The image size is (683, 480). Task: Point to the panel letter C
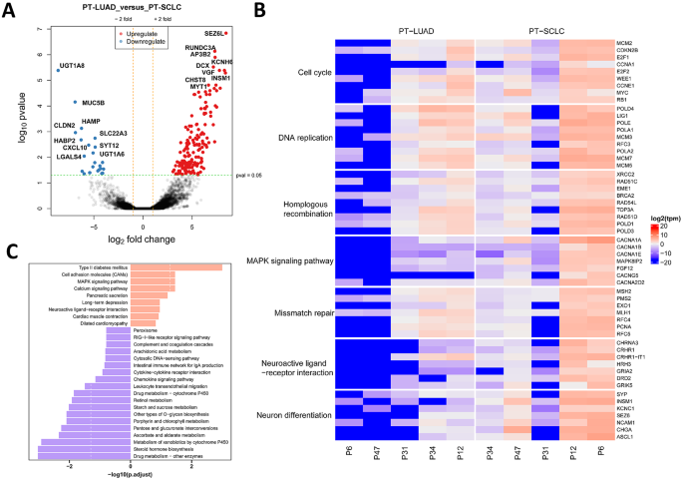[x=8, y=251]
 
